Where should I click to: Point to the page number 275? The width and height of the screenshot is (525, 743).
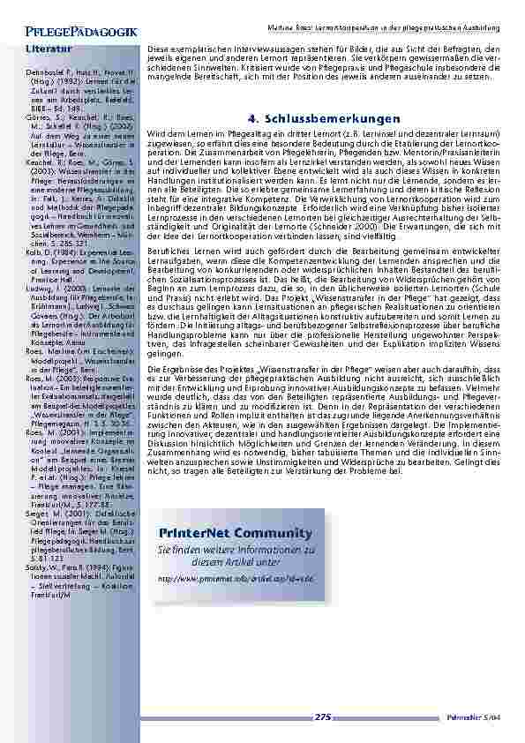[x=323, y=717]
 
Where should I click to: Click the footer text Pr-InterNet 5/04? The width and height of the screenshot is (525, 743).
[x=487, y=717]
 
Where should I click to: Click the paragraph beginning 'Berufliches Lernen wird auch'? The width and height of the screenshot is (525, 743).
[x=325, y=297]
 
